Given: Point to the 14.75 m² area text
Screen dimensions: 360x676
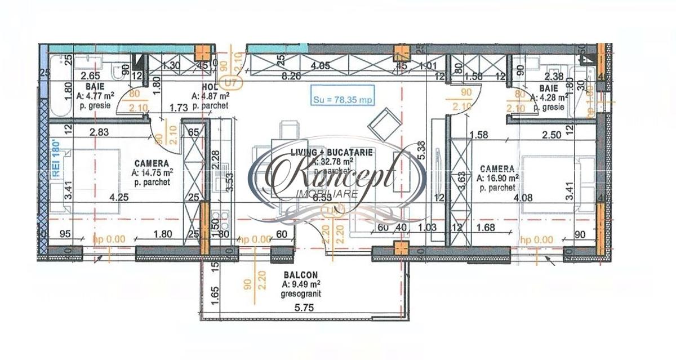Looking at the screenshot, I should click(152, 173).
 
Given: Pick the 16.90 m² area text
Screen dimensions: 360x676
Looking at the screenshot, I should click(497, 178).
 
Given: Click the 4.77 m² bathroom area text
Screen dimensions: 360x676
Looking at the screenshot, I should click(96, 96).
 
